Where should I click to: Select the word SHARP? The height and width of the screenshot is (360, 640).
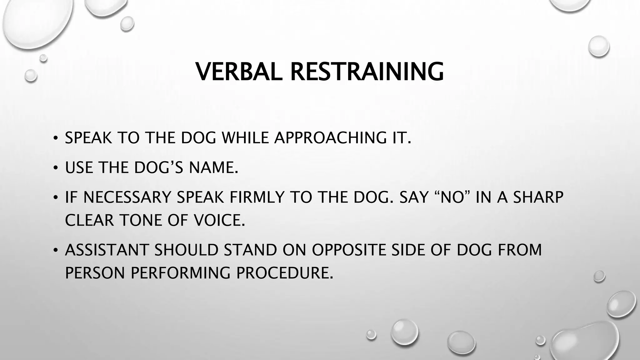(538, 197)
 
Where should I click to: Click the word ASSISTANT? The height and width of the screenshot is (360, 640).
(107, 250)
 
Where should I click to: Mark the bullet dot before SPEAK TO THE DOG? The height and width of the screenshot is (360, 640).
(55, 138)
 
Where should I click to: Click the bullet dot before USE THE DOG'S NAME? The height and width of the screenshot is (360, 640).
(55, 168)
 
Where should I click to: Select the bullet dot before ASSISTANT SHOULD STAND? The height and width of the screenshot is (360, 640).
(55, 251)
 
